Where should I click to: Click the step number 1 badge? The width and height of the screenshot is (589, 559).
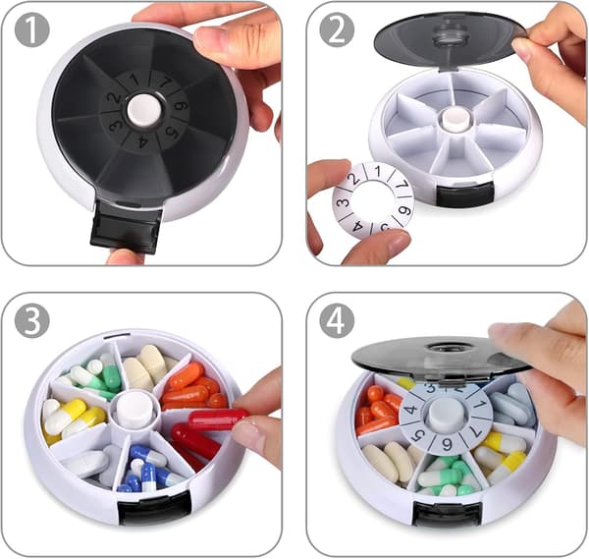[32, 29]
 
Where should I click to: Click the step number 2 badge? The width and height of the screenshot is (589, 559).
[337, 29]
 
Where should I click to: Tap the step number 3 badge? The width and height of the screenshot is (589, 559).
[32, 320]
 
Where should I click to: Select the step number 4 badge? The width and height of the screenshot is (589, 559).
[337, 320]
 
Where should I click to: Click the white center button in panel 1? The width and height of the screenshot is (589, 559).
[144, 110]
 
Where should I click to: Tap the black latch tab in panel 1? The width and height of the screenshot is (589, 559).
[126, 227]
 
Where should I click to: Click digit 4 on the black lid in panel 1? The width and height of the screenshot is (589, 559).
[142, 142]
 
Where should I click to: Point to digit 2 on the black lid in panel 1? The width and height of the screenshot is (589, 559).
[113, 98]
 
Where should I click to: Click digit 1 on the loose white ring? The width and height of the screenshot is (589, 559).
[378, 172]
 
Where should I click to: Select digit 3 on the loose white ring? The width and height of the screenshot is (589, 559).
[343, 203]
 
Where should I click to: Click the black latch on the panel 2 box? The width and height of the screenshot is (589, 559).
[465, 194]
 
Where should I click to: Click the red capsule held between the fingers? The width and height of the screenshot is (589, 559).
[219, 419]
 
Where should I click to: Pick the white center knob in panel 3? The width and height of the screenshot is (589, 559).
[134, 409]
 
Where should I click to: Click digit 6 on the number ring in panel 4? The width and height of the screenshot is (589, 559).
[447, 445]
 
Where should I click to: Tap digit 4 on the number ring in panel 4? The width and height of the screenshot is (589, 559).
[411, 409]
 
